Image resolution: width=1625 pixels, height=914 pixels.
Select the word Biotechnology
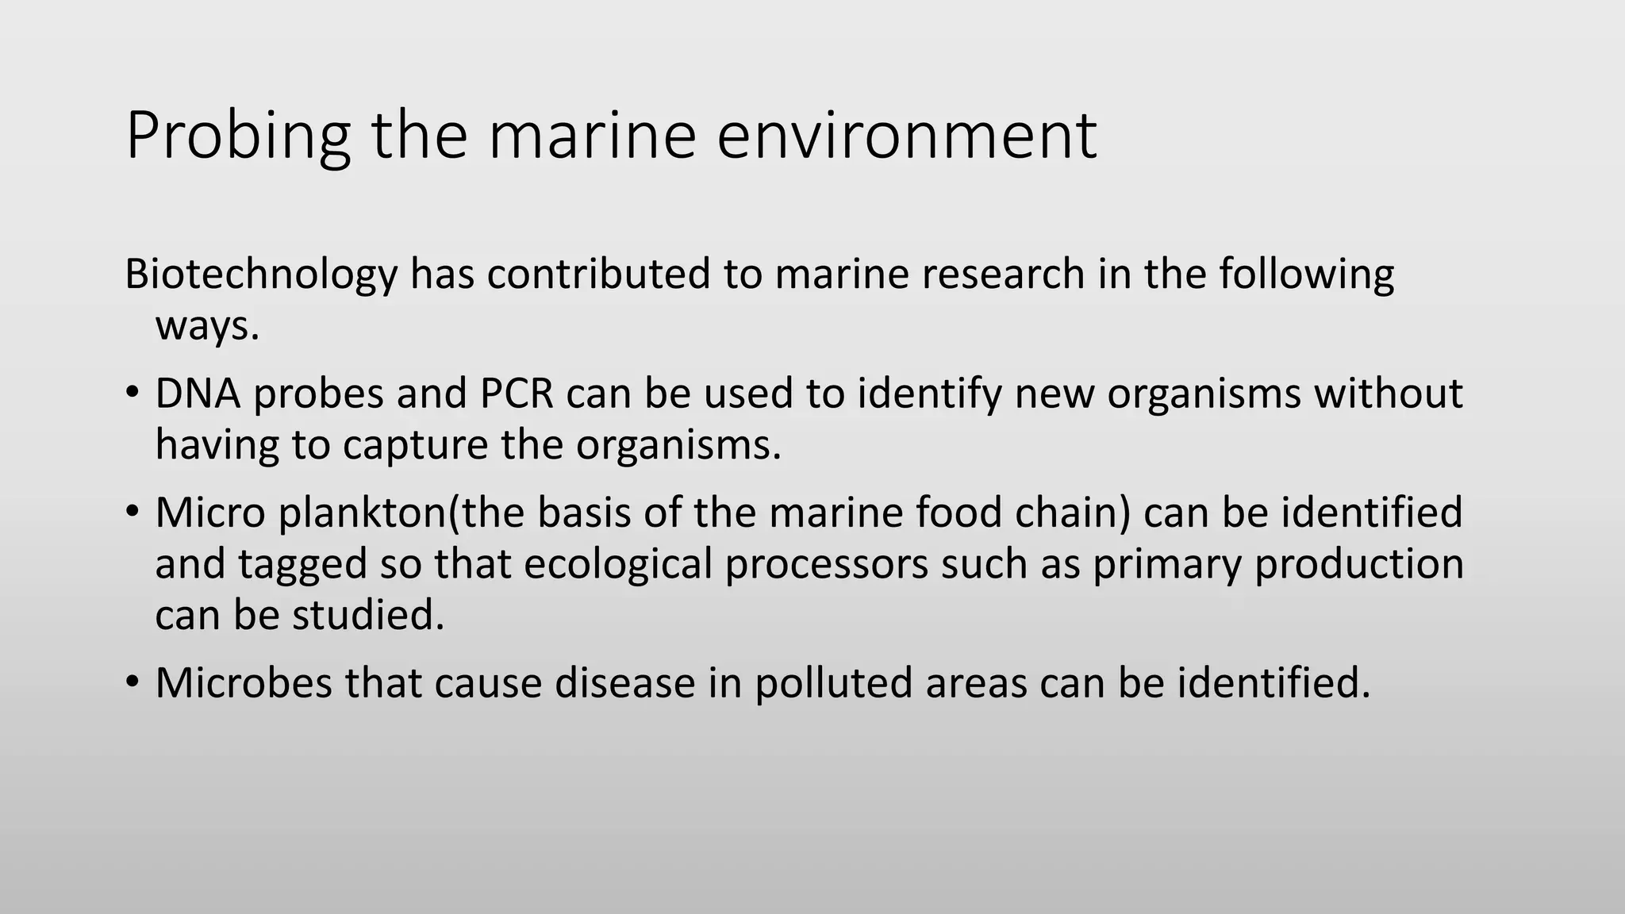click(261, 275)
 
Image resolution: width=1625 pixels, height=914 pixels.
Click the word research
click(1005, 275)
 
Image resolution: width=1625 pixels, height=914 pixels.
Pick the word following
click(1306, 275)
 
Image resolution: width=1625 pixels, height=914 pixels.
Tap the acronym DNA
click(198, 394)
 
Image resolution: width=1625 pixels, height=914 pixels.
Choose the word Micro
click(210, 513)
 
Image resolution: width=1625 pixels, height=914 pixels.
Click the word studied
click(368, 615)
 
